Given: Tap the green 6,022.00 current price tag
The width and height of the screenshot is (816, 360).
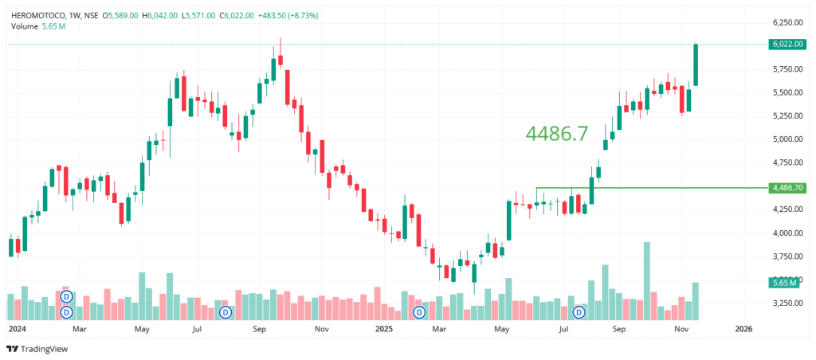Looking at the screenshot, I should [x=787, y=45].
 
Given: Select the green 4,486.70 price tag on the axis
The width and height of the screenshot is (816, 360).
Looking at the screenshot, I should [x=787, y=188].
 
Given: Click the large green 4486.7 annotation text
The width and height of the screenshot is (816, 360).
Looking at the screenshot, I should [x=557, y=134].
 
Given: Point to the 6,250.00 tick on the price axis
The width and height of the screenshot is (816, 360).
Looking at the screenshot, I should [x=787, y=22].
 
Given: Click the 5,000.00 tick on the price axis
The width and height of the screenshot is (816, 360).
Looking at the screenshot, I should [x=787, y=139].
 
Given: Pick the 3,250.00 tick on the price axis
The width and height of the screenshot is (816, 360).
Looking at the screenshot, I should [x=787, y=303].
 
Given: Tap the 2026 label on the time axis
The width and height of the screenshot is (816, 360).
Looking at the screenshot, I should [x=743, y=328].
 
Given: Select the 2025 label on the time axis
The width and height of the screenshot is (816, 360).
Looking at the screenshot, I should [x=384, y=328].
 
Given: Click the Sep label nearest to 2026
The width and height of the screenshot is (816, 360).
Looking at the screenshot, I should [x=619, y=328].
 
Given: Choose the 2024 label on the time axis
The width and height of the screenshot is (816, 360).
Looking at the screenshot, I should [x=17, y=328].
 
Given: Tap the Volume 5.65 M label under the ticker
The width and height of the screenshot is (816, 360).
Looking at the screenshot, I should [x=38, y=27].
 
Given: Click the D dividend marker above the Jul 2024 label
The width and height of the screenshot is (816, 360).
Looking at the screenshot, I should [x=226, y=311].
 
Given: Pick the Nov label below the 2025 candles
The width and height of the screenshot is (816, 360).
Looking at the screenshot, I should [x=681, y=328].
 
